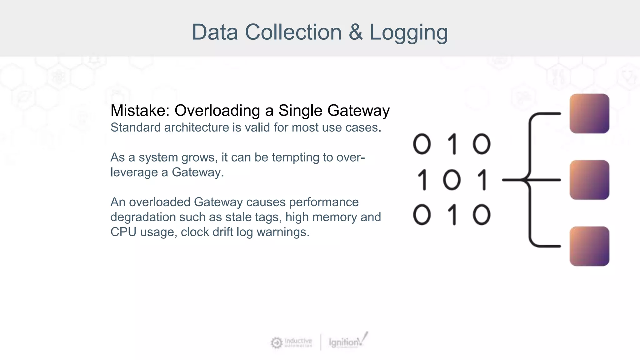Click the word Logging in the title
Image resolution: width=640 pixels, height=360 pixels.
[408, 32]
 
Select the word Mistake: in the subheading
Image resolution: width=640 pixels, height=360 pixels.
[140, 111]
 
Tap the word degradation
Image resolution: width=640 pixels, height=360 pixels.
[143, 217]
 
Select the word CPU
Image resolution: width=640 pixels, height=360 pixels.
[123, 232]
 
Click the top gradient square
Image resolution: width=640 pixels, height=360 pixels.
[589, 113]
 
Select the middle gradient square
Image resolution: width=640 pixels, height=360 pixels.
[589, 180]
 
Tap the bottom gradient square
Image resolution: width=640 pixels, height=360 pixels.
[589, 246]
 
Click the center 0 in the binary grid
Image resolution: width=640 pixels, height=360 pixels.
[452, 180]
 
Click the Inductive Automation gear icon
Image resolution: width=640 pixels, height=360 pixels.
[277, 343]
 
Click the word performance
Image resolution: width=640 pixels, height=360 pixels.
[324, 202]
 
